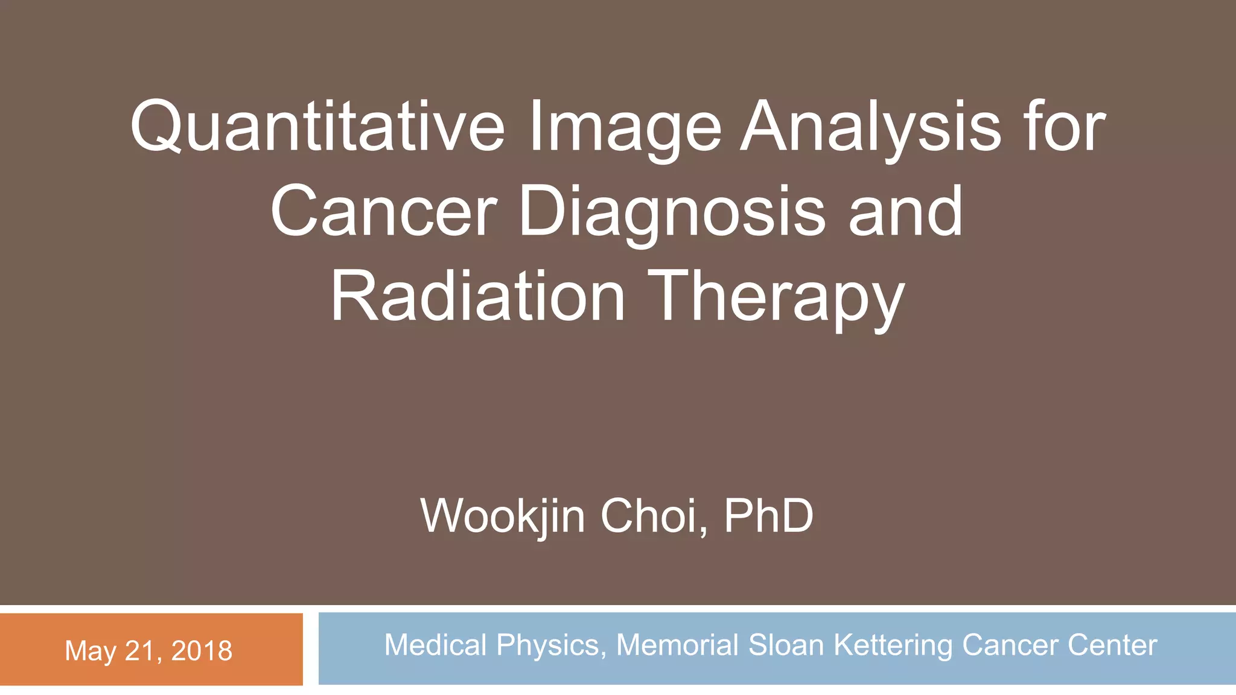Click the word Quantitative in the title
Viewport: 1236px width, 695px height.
[317, 127]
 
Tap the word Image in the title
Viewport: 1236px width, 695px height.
[625, 128]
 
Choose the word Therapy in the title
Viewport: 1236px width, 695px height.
[776, 298]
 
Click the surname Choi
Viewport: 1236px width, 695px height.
[654, 516]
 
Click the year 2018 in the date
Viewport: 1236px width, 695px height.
[202, 651]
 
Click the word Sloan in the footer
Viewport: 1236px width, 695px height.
[786, 645]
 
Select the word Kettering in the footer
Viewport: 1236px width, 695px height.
[894, 646]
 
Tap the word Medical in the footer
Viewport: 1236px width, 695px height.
[435, 645]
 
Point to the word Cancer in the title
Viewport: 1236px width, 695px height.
[384, 212]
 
